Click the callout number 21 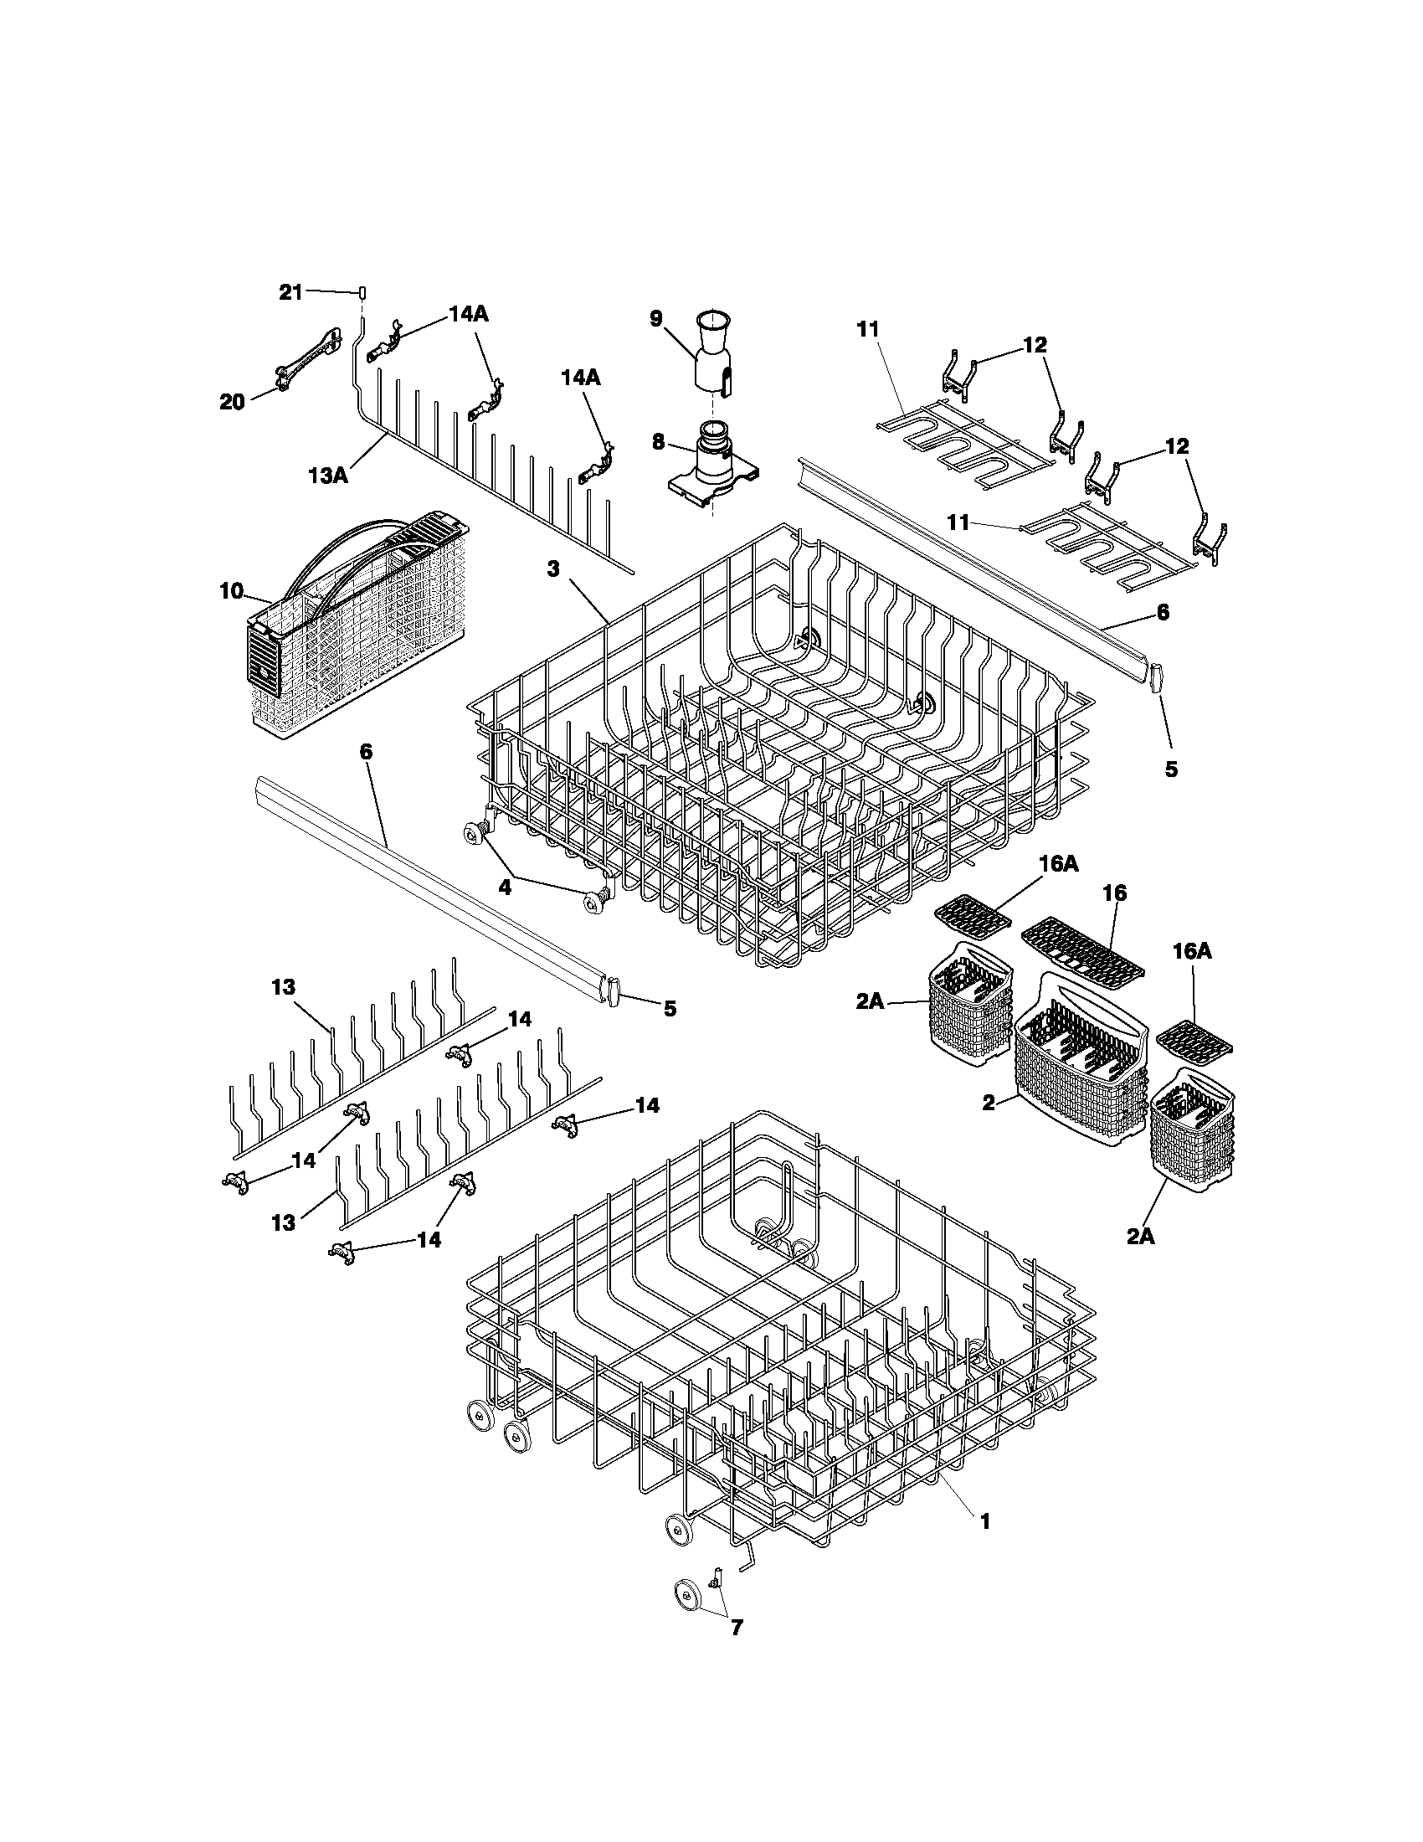(290, 293)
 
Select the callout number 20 (232, 401)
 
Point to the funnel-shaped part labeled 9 (712, 352)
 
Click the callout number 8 (658, 441)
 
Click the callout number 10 (231, 591)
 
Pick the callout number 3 (552, 569)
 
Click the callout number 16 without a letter (1119, 893)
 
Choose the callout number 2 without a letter (989, 1103)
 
